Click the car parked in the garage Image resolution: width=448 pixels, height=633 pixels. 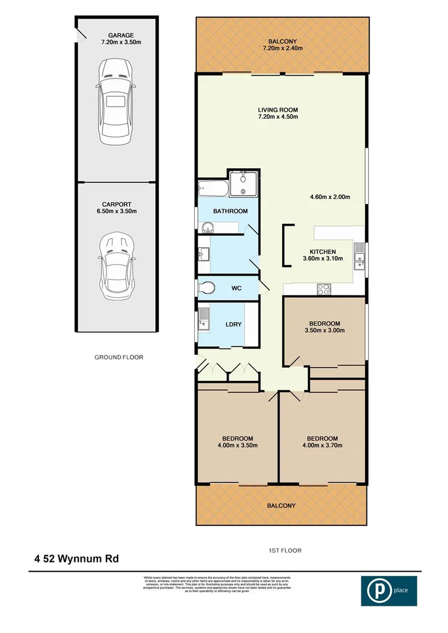tap(115, 101)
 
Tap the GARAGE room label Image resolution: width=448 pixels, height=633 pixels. tap(115, 36)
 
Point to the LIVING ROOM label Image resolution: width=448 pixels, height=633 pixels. tap(278, 111)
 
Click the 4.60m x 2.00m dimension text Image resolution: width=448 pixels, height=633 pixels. tap(330, 198)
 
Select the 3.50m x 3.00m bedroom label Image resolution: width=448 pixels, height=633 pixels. tap(325, 330)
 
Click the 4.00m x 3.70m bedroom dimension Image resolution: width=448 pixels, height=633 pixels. tap(322, 444)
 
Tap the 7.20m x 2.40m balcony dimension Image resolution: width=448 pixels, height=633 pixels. tap(278, 48)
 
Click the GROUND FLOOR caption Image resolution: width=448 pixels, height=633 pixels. tap(119, 357)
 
